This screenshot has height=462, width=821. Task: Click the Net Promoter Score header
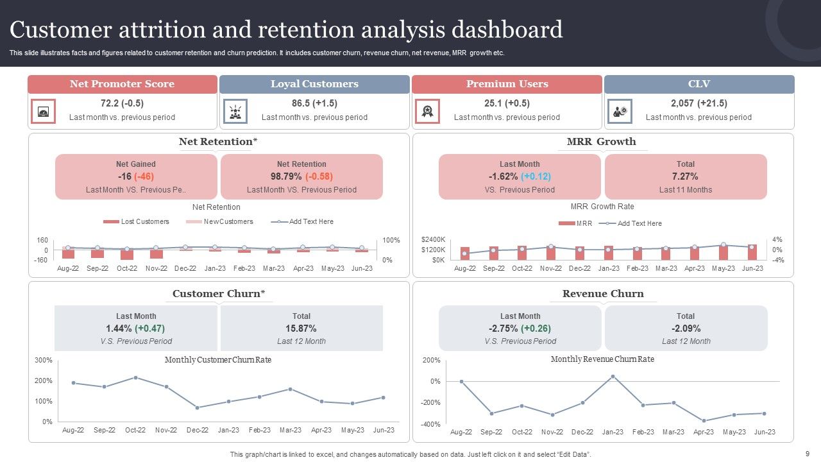point(122,84)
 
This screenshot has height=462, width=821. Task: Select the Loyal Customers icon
point(235,111)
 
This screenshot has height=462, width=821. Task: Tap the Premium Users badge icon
point(427,111)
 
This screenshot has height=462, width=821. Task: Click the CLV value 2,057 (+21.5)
point(698,103)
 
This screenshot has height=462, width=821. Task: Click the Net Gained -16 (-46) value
point(135,176)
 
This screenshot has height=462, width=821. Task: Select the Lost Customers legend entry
point(137,222)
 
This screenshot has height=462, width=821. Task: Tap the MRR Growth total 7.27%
point(685,176)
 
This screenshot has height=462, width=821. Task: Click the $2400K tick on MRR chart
point(434,239)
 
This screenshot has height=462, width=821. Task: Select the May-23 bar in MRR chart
point(724,252)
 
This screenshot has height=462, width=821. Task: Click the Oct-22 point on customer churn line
point(135,377)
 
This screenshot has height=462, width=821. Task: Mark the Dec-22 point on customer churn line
point(197,407)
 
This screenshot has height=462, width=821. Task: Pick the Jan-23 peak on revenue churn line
point(613,376)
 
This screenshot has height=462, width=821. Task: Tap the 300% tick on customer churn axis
point(44,361)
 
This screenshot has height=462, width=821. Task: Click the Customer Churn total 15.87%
point(301,329)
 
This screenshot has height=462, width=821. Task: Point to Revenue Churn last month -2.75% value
point(520,329)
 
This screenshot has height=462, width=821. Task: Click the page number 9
point(808,454)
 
